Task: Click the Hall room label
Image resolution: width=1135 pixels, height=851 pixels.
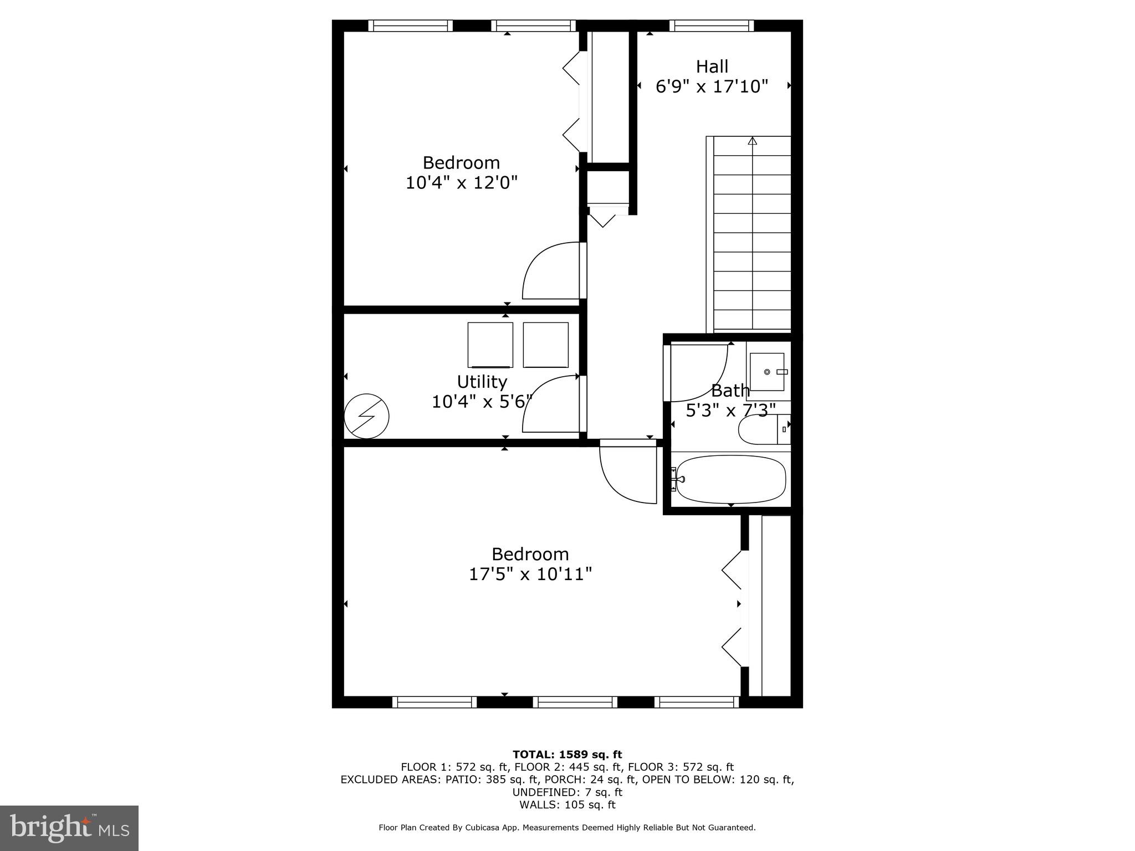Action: (712, 66)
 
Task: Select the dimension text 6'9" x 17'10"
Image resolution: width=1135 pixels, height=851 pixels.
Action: (712, 87)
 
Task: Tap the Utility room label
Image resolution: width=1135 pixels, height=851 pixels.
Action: (482, 382)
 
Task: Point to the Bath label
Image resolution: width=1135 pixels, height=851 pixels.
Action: (730, 391)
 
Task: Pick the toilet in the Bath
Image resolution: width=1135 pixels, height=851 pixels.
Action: (762, 429)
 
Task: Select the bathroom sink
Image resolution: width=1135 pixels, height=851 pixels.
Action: (768, 372)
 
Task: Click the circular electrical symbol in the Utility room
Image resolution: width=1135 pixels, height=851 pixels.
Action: (366, 416)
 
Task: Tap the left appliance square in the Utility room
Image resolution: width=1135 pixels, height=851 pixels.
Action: (490, 345)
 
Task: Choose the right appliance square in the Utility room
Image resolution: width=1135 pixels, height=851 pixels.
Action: (545, 345)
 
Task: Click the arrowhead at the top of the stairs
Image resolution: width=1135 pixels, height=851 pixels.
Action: (752, 141)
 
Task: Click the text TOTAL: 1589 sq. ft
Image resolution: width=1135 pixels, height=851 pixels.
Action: (567, 755)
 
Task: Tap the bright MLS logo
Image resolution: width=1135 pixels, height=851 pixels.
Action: (69, 828)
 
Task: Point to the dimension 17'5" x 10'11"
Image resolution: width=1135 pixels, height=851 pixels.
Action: (530, 575)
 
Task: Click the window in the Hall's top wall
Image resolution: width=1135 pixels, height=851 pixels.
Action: (711, 25)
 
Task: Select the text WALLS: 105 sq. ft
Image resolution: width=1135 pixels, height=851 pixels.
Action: (567, 805)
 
